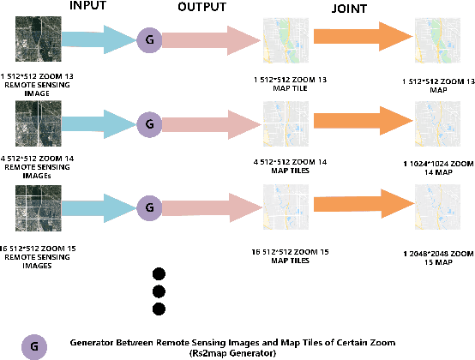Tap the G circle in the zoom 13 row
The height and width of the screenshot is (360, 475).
[x=148, y=39]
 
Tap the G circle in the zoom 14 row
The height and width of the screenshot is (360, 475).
[x=148, y=123]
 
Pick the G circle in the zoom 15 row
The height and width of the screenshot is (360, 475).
[x=148, y=207]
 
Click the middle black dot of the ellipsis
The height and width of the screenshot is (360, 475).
[x=158, y=291]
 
